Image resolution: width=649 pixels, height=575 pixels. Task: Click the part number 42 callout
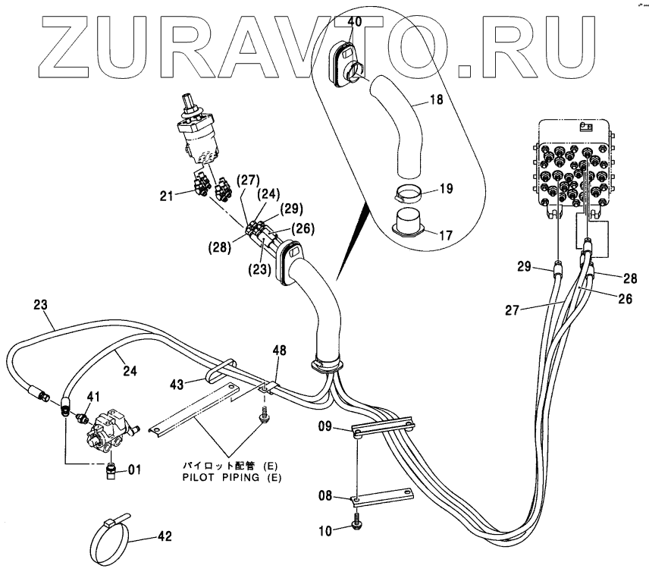165,536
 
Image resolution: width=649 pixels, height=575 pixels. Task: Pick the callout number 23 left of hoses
41,306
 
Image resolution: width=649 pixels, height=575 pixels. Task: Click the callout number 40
355,21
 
